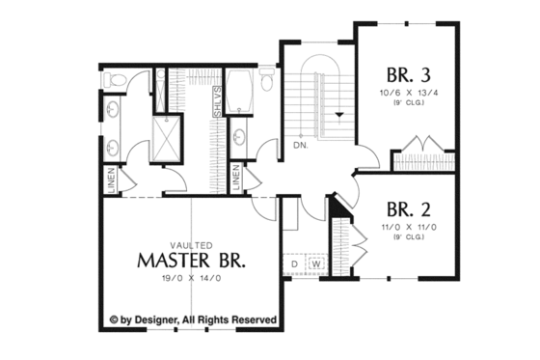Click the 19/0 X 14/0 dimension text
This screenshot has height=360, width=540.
click(x=191, y=278)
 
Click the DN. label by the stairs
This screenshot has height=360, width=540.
click(x=300, y=145)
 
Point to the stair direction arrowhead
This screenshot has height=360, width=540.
click(x=337, y=115)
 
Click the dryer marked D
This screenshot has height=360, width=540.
click(x=294, y=262)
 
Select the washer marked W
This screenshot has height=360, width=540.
click(x=315, y=262)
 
